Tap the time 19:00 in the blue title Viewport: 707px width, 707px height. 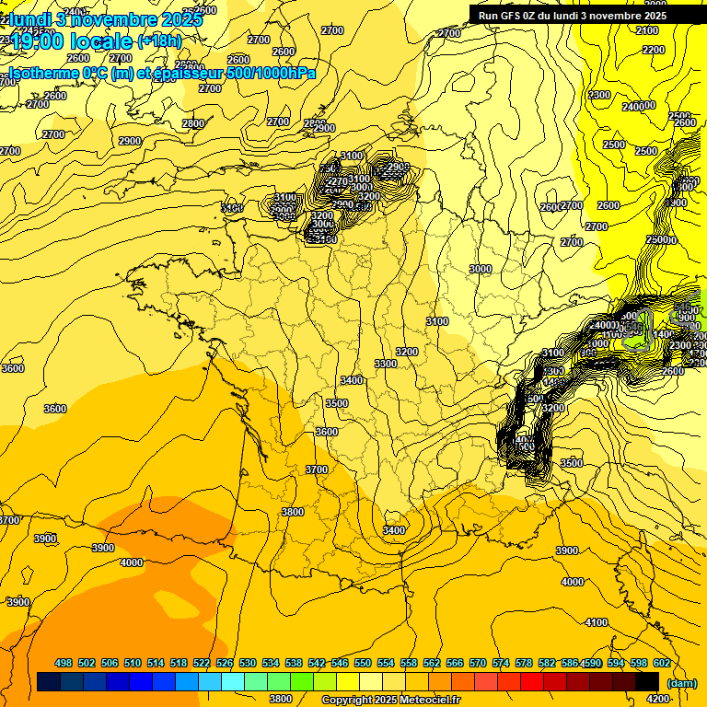(x=38, y=41)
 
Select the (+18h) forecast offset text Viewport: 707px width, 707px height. (x=159, y=41)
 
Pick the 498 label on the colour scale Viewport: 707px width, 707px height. (x=64, y=663)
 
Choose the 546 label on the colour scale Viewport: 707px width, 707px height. (x=340, y=663)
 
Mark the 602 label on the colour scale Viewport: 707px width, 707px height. (x=662, y=663)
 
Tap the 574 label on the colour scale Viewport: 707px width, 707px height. (x=501, y=663)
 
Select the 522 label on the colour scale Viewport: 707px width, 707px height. (x=202, y=663)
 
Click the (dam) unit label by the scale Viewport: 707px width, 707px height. (x=681, y=683)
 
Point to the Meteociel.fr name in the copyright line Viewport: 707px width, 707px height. (x=427, y=701)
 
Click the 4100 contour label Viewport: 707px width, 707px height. (x=597, y=623)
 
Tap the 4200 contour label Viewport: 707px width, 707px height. (x=658, y=699)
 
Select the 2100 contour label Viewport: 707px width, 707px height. (x=647, y=30)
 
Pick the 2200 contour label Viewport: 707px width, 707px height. (x=653, y=50)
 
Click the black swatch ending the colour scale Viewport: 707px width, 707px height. (x=647, y=681)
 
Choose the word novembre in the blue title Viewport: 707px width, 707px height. (x=116, y=18)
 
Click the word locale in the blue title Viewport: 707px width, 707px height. (x=99, y=41)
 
